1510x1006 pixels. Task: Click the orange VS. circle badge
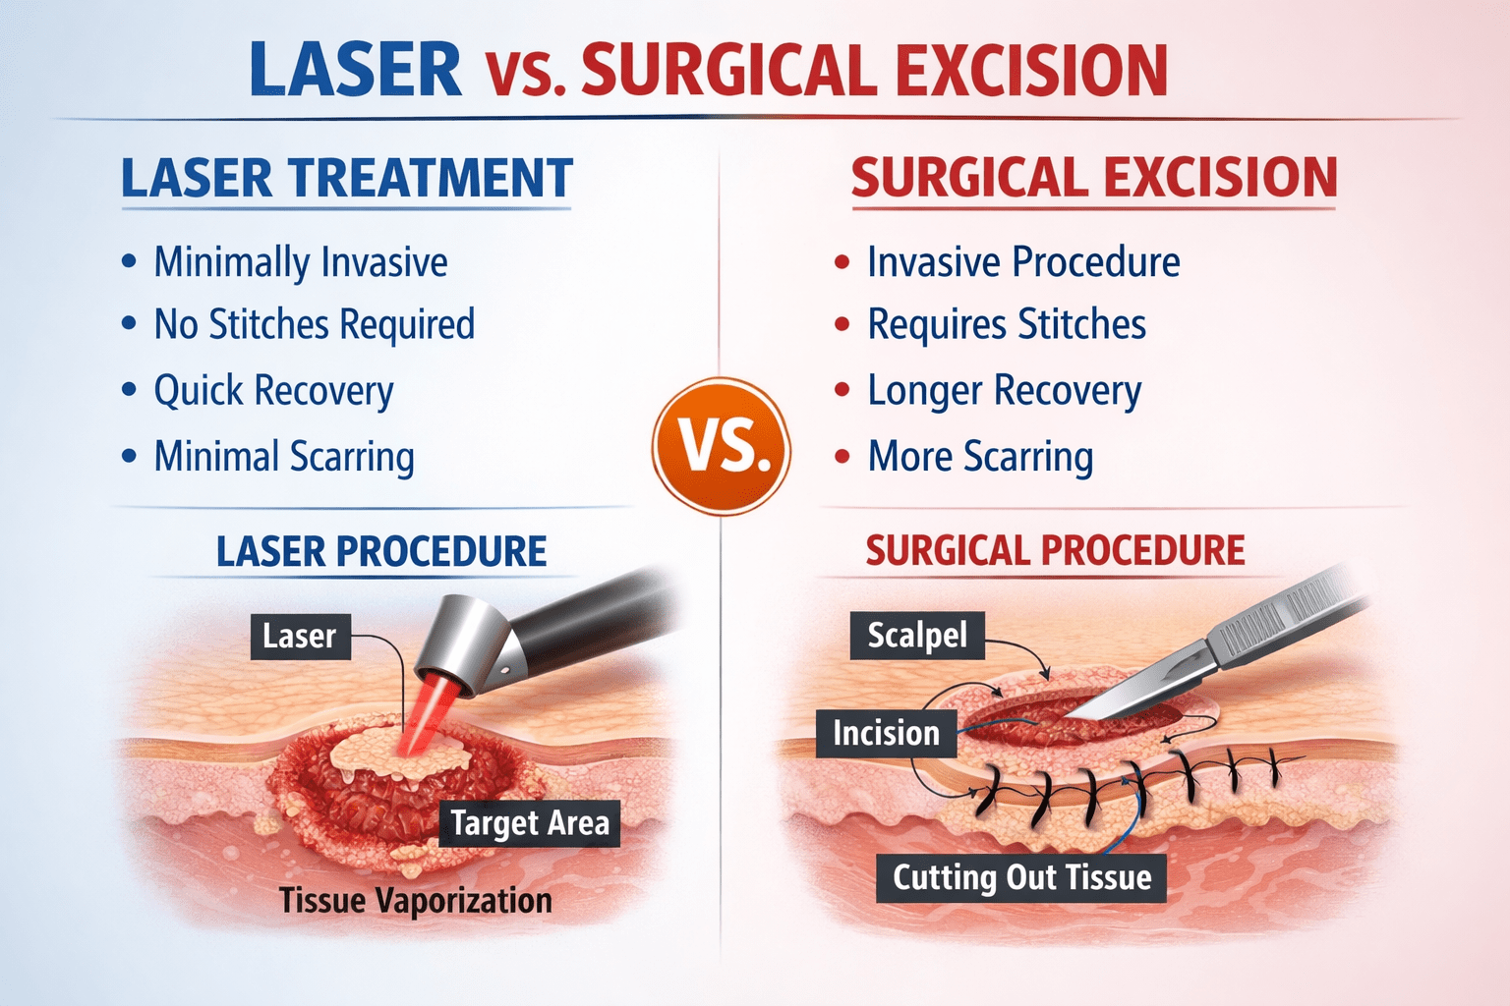(721, 447)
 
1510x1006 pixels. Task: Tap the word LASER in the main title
(355, 70)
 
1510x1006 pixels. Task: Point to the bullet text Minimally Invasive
(300, 262)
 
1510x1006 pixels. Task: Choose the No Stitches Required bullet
(314, 325)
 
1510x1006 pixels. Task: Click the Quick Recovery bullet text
(273, 391)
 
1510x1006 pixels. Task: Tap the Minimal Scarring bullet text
(283, 457)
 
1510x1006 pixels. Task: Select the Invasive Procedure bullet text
(1022, 262)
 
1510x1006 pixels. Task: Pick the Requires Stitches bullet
(1006, 325)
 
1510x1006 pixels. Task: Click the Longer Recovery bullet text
(1004, 391)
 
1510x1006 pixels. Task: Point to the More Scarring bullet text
(979, 457)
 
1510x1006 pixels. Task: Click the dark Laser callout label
(299, 636)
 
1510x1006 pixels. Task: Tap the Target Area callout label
(529, 822)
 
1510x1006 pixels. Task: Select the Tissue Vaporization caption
(415, 900)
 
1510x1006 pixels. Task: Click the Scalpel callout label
(916, 636)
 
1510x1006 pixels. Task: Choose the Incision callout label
(886, 733)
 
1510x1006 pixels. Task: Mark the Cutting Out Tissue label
(1021, 877)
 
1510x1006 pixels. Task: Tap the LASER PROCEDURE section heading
(381, 551)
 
